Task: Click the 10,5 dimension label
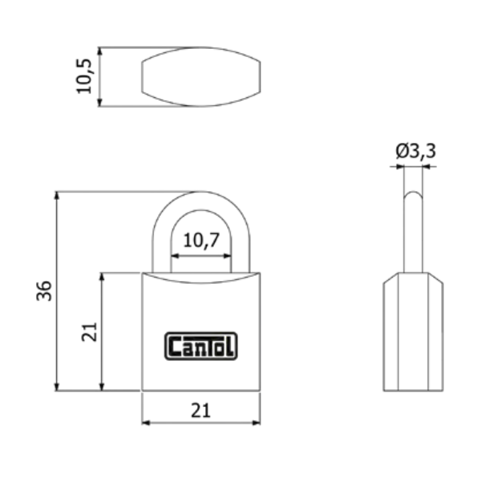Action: pos(84,76)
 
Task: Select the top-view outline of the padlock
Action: pos(200,76)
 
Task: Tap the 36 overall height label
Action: pos(44,290)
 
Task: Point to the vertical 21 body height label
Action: pos(89,331)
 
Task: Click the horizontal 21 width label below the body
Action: pos(200,411)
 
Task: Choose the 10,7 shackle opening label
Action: pos(201,240)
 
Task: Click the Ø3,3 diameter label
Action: pos(415,151)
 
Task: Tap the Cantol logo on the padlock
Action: pos(201,346)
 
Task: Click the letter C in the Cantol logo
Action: pos(174,347)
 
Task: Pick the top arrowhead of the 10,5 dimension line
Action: pos(100,51)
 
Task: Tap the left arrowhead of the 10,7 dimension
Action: pos(174,256)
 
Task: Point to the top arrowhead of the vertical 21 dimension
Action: pos(102,276)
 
